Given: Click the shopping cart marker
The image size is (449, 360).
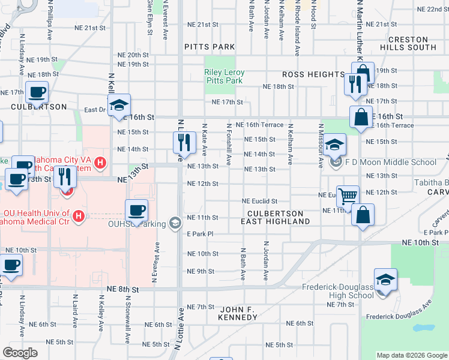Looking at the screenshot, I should pos(348,196).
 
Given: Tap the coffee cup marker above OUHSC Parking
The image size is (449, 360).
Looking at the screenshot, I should pos(136,210).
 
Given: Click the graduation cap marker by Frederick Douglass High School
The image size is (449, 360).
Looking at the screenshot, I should pos(385,280).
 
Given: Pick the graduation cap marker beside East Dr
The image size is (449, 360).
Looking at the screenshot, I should pos(119,104).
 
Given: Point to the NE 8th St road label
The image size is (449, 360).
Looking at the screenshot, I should pos(122,289).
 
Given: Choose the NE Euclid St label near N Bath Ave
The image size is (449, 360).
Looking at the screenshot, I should pos(259,201).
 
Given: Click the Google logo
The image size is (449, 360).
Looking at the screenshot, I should pos(20,353).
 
